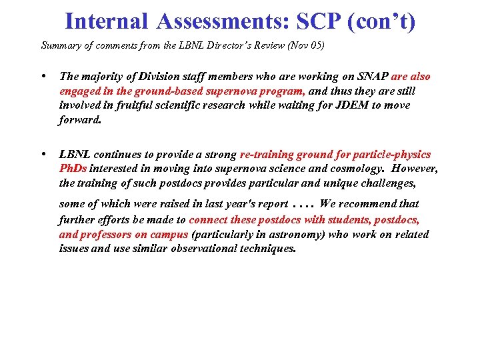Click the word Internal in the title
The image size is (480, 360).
click(x=106, y=21)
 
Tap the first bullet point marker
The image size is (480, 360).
click(x=43, y=77)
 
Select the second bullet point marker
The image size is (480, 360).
click(x=43, y=154)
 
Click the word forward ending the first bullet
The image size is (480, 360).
click(x=79, y=120)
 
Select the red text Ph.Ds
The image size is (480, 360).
click(x=73, y=169)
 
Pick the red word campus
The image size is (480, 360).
click(x=169, y=234)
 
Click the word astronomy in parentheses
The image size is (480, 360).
click(x=285, y=234)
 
